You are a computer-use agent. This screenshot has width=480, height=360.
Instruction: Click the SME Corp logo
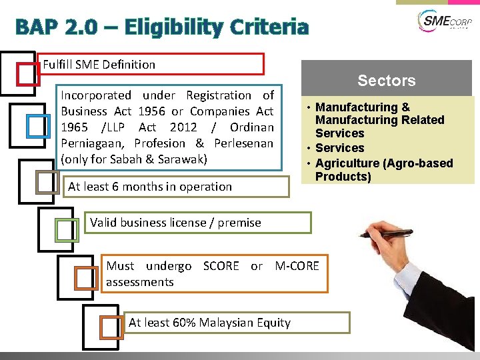(x=443, y=21)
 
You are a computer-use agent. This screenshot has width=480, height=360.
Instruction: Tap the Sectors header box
(x=386, y=81)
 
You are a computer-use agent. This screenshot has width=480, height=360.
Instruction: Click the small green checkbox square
(x=66, y=229)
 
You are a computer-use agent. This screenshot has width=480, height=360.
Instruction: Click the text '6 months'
(x=131, y=187)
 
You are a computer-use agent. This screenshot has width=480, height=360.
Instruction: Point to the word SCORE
(x=221, y=266)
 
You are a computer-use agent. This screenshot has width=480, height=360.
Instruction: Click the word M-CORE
(x=297, y=266)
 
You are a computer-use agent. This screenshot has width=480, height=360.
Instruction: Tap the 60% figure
(x=185, y=323)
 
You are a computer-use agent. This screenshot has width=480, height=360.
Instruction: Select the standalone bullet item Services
(x=339, y=148)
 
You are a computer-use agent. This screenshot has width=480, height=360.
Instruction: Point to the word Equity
(x=273, y=323)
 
